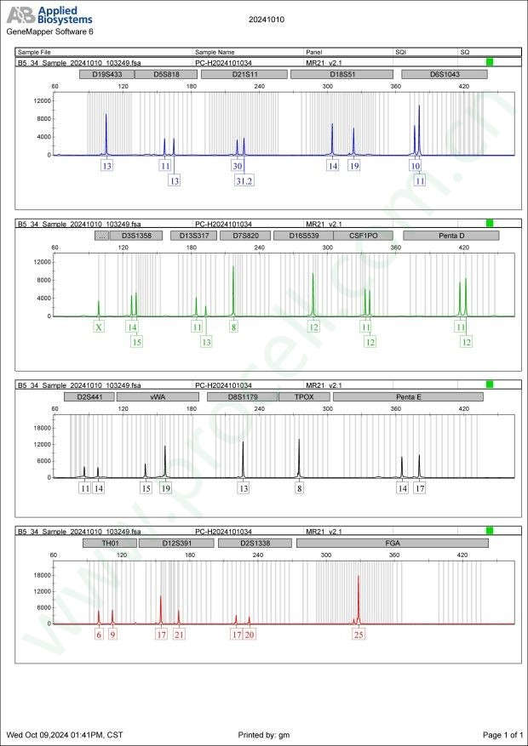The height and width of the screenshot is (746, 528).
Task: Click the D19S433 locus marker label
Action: [x=106, y=74]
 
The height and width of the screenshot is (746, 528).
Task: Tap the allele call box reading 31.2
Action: [x=244, y=180]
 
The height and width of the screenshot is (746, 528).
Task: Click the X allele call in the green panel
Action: [x=99, y=327]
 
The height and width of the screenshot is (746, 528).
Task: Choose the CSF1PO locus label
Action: [x=351, y=235]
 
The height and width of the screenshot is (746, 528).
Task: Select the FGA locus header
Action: [x=393, y=542]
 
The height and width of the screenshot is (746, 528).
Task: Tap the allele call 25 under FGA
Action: [x=359, y=634]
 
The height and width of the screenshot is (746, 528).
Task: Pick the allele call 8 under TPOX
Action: [x=299, y=488]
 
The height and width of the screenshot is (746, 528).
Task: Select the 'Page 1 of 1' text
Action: [x=502, y=734]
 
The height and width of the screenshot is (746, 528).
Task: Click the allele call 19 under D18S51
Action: [x=354, y=166]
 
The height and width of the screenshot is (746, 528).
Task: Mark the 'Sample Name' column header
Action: [x=215, y=52]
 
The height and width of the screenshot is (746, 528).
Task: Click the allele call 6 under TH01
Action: [x=99, y=634]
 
